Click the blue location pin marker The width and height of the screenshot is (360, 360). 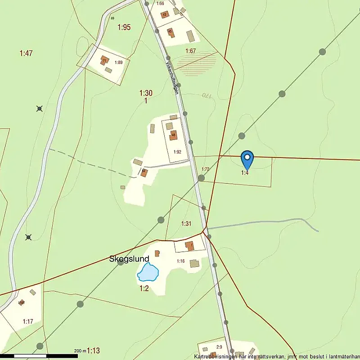[x=247, y=159]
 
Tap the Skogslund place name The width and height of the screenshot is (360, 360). [x=129, y=259]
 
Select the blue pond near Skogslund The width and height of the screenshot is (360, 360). [x=148, y=272]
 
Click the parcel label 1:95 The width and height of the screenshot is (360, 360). [x=124, y=27]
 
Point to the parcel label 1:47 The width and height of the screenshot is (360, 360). [x=26, y=54]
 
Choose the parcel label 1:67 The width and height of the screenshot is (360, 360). [x=191, y=51]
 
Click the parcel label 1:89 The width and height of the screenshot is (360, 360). [x=119, y=63]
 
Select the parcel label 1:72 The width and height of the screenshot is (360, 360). [x=206, y=169]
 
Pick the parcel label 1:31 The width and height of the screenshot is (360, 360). [x=186, y=224]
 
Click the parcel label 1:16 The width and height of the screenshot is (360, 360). [x=180, y=261]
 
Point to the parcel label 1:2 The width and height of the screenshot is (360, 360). [x=144, y=288]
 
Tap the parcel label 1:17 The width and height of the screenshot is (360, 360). [x=28, y=321]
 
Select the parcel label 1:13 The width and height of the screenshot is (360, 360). [x=93, y=351]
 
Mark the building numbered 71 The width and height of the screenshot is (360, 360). [x=104, y=60]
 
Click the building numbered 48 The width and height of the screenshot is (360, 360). [x=173, y=135]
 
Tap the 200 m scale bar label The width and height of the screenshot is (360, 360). [x=80, y=351]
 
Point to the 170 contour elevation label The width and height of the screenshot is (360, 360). [x=207, y=95]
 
